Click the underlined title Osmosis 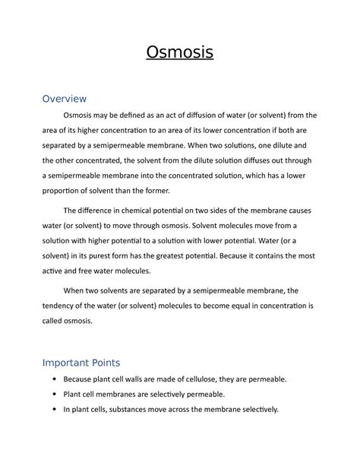click(179, 53)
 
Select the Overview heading click(65, 99)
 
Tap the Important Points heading click(91, 363)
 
